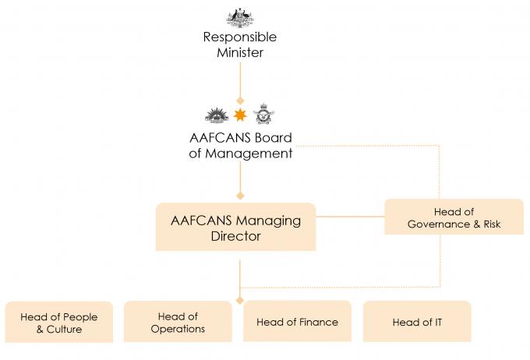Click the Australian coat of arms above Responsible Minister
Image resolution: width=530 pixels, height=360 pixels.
tap(239, 18)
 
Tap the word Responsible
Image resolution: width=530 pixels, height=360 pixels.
tap(239, 37)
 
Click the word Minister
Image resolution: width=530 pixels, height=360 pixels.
tap(240, 52)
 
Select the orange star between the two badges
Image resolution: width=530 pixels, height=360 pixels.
tap(240, 115)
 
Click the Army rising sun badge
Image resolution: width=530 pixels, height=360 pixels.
tap(217, 115)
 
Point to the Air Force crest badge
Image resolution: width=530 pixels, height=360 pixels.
tap(263, 114)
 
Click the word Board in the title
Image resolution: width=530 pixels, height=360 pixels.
tap(273, 138)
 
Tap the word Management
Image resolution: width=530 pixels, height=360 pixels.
tap(249, 154)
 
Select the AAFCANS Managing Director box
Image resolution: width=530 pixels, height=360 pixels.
tap(235, 227)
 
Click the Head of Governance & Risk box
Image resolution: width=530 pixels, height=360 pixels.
tap(454, 217)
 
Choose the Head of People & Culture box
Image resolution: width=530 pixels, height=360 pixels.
tap(59, 322)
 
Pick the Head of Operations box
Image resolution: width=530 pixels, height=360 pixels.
tap(178, 322)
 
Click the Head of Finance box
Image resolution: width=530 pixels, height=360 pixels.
tap(297, 321)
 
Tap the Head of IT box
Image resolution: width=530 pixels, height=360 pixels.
tap(417, 322)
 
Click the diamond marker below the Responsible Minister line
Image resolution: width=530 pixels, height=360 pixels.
tap(240, 101)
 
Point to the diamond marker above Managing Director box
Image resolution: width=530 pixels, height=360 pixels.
tap(240, 196)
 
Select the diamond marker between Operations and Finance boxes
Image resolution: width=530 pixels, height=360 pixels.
tap(239, 300)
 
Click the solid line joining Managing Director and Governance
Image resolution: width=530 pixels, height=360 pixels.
tap(350, 217)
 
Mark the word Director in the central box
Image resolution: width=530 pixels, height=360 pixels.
tap(235, 236)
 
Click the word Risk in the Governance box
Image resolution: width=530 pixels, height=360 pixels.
tap(492, 224)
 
